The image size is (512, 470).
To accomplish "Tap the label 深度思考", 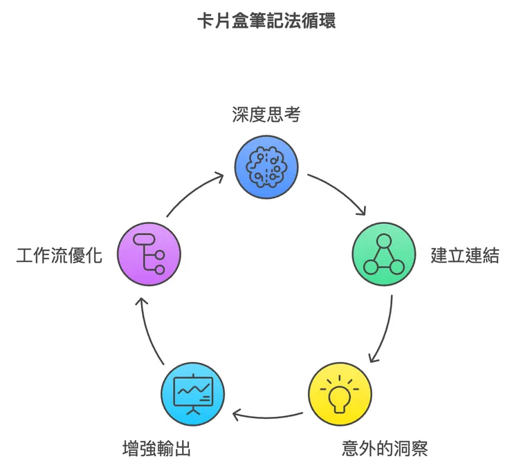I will pos(266,115).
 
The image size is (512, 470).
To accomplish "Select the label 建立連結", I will pos(464,255).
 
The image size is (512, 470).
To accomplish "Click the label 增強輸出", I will pos(153,449).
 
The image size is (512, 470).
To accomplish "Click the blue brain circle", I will pos(266,166).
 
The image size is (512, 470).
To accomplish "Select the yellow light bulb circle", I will pos(339,395).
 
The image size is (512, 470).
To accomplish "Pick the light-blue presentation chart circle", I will pos(192,395).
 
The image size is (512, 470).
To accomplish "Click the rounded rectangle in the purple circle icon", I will pos(143,239).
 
